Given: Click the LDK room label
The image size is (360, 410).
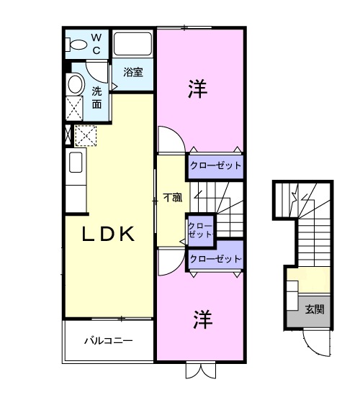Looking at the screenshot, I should [x=108, y=234].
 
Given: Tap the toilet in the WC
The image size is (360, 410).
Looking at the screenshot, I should [x=74, y=44].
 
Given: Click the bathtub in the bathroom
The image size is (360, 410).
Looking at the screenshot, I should [x=133, y=45].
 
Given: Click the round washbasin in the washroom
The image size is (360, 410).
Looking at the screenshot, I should [x=74, y=84].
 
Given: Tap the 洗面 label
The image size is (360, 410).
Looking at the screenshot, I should [x=97, y=98].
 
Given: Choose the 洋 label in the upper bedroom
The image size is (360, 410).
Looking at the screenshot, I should [x=198, y=89].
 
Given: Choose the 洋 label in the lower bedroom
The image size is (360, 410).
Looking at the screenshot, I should [x=201, y=319].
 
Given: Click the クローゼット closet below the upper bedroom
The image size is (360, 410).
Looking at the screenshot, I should [x=215, y=165].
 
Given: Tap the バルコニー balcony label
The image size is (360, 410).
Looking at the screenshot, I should [x=107, y=340].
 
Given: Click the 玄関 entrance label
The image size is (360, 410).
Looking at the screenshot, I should [x=314, y=310].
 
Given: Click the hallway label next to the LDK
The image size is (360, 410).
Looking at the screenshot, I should [x=171, y=196].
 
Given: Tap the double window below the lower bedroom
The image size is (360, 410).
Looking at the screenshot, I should [x=199, y=370].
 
